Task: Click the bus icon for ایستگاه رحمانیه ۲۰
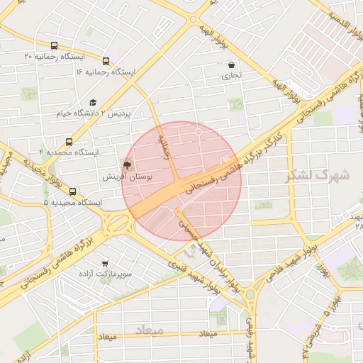coord(55,46)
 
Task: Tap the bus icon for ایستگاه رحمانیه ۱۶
coord(106,62)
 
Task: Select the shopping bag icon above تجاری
coord(233,65)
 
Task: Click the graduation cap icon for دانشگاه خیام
coord(94,103)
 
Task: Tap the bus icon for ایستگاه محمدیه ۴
coord(69,142)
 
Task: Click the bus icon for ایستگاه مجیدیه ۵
coord(72,192)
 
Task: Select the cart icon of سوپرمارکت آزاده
coord(105,264)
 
